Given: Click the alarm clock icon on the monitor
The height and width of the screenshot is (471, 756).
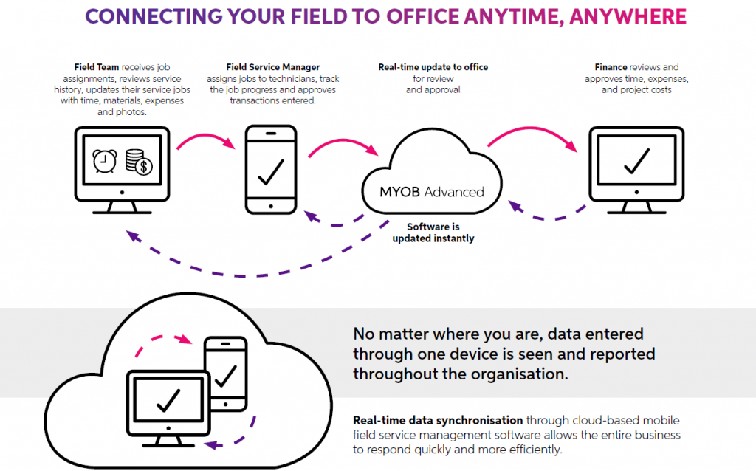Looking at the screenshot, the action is [105, 161].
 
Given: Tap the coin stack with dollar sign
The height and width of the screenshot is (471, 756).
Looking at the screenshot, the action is [139, 162].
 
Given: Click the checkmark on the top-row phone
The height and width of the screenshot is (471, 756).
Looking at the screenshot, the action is [271, 171].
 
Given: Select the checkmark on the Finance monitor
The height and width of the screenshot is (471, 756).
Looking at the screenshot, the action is [636, 160].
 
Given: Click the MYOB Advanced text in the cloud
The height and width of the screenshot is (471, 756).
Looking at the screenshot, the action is [431, 192].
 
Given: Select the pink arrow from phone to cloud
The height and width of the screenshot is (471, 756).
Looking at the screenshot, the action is [342, 143].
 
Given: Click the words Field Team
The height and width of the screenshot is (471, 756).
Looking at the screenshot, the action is [97, 67].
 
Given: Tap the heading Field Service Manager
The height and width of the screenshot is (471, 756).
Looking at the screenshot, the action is [273, 67].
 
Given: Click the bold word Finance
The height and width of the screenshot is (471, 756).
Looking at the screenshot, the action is [611, 67].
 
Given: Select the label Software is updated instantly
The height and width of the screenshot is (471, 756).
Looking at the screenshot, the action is [433, 233].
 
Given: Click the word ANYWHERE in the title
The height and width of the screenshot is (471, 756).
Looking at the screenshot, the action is [628, 16].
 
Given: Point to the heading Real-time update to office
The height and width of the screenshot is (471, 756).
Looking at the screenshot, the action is [433, 67].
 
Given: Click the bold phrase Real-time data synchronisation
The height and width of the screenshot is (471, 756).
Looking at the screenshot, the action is [438, 420].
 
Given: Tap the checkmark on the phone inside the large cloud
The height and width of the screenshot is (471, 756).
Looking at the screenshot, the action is [225, 377].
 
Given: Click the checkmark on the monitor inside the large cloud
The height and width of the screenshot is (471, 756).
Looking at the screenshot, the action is [168, 399].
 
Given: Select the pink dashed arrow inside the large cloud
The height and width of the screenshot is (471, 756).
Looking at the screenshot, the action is [159, 339].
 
